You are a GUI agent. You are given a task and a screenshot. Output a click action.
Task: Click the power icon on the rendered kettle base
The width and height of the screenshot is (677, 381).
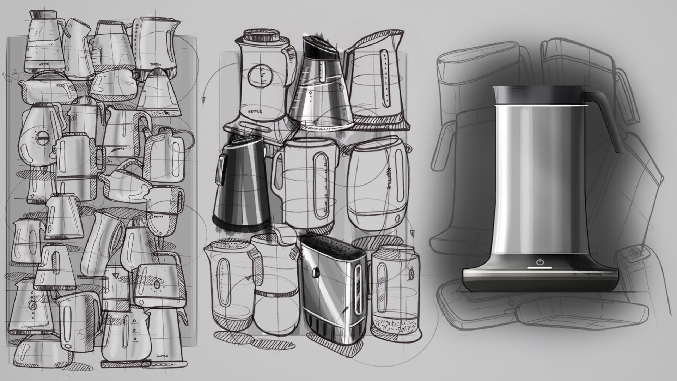539,262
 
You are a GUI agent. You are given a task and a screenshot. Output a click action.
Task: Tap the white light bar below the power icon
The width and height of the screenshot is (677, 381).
539,268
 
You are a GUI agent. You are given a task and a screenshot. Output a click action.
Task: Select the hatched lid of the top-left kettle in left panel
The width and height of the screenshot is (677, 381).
42,14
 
